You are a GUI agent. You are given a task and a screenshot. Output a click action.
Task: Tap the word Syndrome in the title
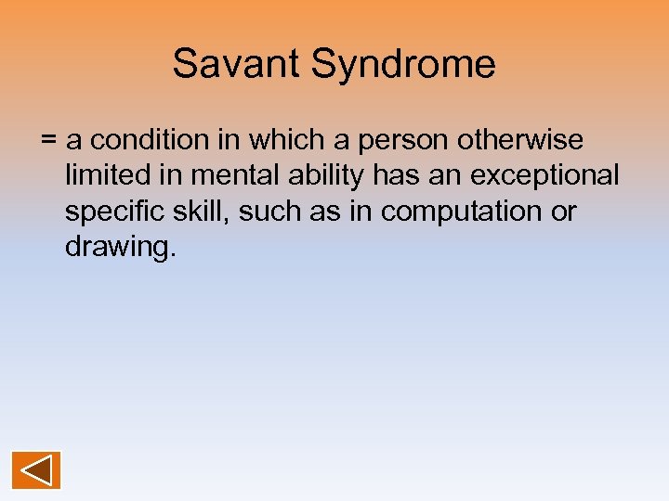tap(403, 65)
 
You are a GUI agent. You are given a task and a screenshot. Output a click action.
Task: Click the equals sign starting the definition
tap(49, 141)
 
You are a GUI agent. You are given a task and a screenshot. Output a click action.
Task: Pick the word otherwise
tap(529, 140)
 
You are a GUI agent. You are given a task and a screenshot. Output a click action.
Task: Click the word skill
tap(203, 212)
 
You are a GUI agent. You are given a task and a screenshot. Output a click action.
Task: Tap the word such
tap(269, 212)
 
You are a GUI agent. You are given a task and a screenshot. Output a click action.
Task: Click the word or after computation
tap(564, 212)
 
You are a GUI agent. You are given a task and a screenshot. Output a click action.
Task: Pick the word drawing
tap(116, 248)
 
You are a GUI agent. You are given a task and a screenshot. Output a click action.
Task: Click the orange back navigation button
tap(36, 469)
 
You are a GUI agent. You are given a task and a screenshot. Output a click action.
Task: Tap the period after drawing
tap(172, 254)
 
